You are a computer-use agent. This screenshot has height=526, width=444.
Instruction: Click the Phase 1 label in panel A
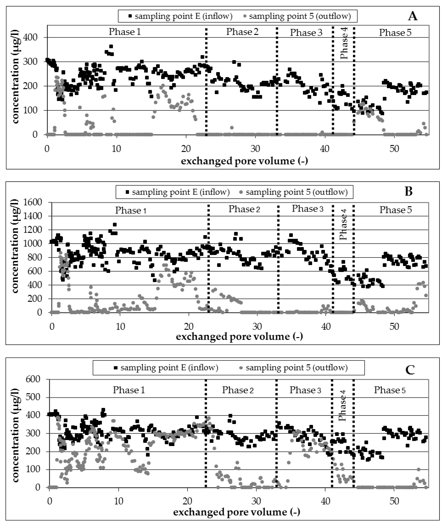pyautogui.click(x=125, y=32)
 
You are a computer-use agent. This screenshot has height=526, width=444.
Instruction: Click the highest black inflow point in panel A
pyautogui.click(x=111, y=46)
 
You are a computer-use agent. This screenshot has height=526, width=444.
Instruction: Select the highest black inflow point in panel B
pyautogui.click(x=115, y=224)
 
